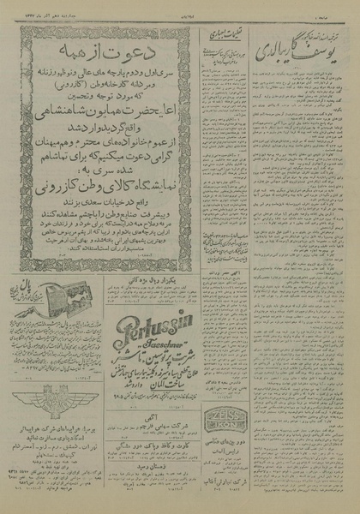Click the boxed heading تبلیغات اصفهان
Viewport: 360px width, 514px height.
coord(225,34)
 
